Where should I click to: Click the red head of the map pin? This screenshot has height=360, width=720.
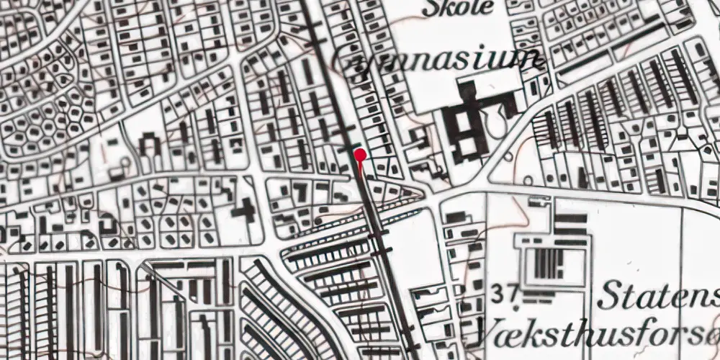coord(359,153)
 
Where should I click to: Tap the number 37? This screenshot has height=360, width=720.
coord(507,293)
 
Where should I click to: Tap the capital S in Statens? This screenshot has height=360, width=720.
coord(609,296)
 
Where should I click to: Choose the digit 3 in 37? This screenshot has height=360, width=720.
coord(501,293)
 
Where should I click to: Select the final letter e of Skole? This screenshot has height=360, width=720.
coord(489,9)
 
